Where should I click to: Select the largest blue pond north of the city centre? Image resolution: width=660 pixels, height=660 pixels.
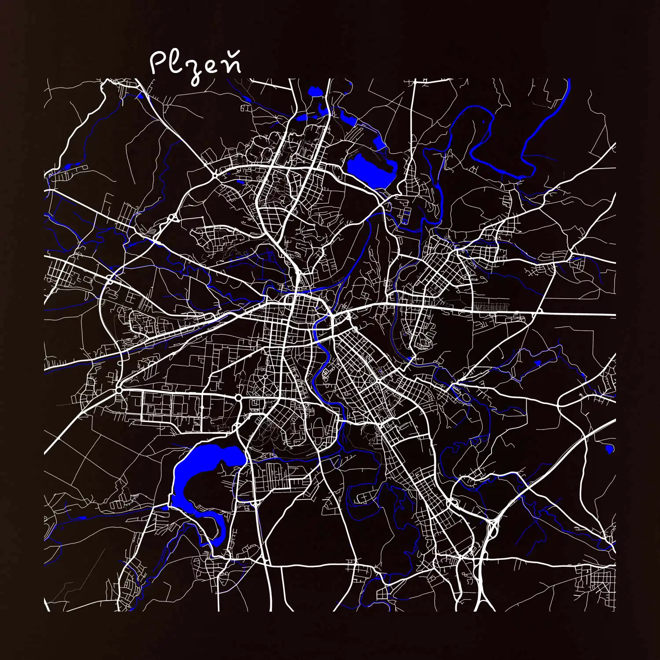click(x=370, y=169)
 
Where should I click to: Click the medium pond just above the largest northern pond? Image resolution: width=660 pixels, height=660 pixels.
click(x=378, y=142)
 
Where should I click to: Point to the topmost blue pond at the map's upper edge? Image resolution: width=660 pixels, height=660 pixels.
click(x=315, y=91)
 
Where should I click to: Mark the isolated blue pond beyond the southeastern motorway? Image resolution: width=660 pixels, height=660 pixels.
click(x=609, y=449)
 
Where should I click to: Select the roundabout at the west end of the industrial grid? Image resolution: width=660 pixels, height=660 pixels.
click(x=119, y=390)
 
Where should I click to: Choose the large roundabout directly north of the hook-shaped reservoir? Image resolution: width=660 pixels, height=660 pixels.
click(x=238, y=398)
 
